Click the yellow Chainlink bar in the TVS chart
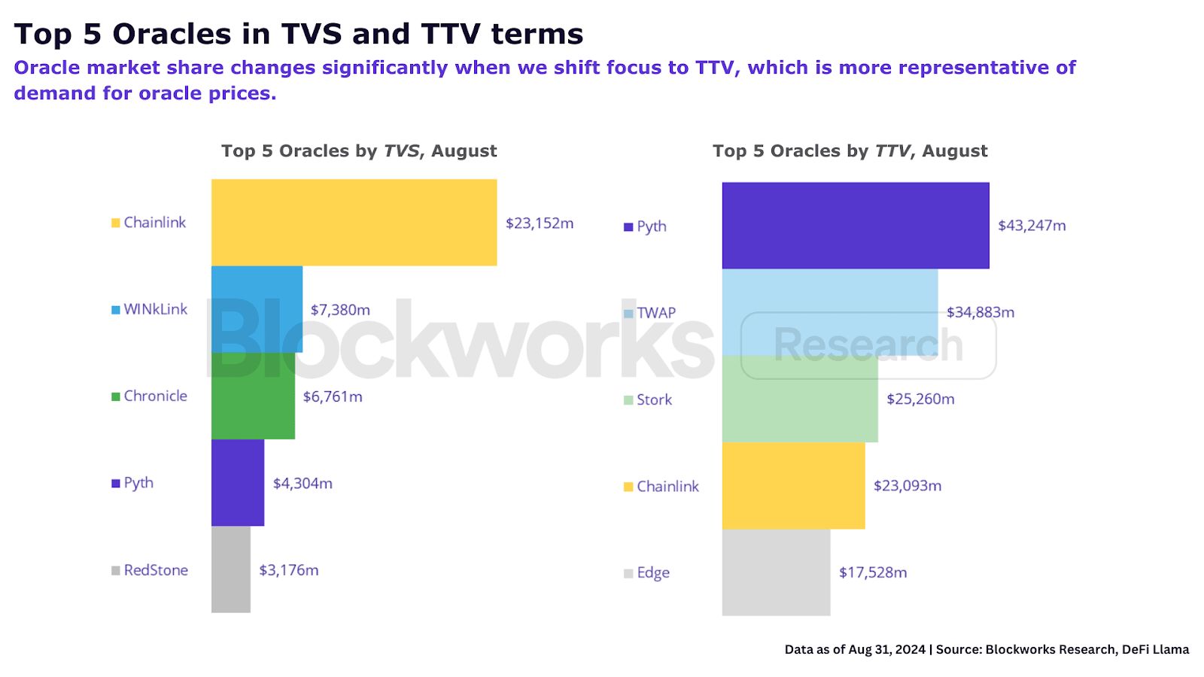click(354, 222)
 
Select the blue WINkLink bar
click(257, 309)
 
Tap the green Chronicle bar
click(253, 396)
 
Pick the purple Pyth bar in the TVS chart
click(238, 482)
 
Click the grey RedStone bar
click(231, 569)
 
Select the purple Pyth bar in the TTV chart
click(856, 225)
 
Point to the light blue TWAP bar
click(830, 312)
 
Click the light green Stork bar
click(800, 399)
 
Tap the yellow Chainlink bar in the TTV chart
click(793, 485)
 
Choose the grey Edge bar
click(776, 572)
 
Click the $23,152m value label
click(540, 223)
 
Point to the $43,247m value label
click(1032, 226)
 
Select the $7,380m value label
click(340, 310)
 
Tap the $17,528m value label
click(873, 572)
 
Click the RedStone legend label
click(156, 570)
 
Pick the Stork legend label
click(654, 399)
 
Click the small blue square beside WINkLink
click(116, 310)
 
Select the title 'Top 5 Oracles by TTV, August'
click(850, 151)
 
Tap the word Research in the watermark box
click(868, 345)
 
